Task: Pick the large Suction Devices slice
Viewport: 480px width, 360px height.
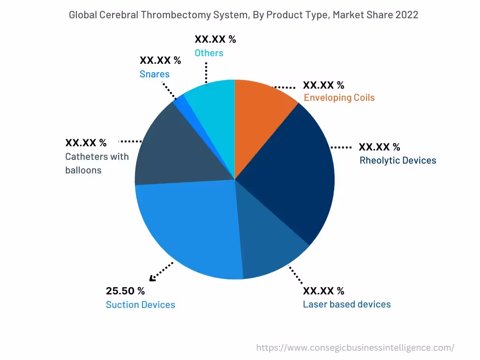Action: [187, 230]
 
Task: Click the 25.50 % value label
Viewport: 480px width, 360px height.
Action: [125, 291]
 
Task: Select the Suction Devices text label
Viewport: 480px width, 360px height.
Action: [140, 305]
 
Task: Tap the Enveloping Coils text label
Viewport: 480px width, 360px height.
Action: [339, 97]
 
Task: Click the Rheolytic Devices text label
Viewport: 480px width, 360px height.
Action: [397, 160]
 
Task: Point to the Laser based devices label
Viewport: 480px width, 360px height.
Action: [346, 304]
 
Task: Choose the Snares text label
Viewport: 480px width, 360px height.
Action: [154, 74]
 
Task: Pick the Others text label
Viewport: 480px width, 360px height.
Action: [209, 53]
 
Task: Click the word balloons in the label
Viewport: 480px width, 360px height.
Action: [83, 170]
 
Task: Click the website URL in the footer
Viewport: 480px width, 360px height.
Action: [355, 348]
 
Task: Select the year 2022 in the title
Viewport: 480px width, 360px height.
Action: [406, 15]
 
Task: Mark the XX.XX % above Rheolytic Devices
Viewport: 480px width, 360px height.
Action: [379, 147]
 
